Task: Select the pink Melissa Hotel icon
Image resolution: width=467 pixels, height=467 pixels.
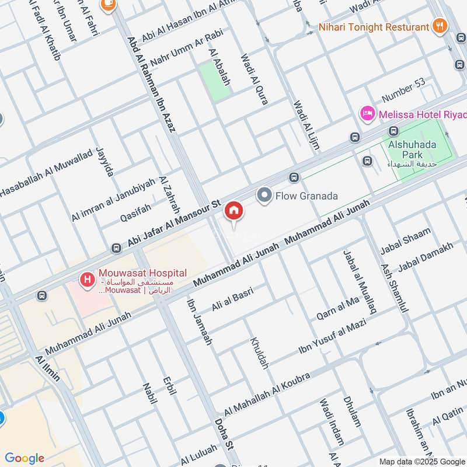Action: (367, 113)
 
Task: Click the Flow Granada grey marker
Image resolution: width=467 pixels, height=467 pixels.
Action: (265, 196)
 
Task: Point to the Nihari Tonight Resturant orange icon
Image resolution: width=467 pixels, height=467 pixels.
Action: (440, 26)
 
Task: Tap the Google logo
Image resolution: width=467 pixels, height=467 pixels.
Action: (24, 458)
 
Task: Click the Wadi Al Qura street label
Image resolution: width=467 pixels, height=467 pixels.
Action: (255, 79)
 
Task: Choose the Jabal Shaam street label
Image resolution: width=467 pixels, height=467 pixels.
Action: (405, 241)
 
